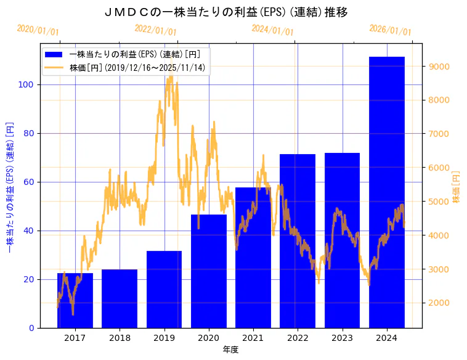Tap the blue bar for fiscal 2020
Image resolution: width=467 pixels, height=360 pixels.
tap(208, 271)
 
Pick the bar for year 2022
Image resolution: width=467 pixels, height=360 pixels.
tap(298, 241)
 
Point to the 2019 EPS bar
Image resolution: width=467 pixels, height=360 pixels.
tap(164, 289)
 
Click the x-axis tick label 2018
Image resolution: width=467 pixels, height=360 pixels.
tap(119, 338)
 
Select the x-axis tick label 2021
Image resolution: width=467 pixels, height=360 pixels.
tap(253, 338)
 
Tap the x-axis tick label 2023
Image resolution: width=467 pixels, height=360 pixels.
tap(342, 338)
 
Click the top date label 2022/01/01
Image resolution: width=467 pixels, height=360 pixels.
tap(155, 30)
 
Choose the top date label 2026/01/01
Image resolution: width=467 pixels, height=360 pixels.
tap(390, 30)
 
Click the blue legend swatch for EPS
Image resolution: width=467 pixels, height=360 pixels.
tap(54, 54)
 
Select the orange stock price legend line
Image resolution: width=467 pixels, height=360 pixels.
tap(54, 67)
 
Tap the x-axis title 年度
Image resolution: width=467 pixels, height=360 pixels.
tap(230, 350)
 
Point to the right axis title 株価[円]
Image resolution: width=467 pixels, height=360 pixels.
tap(457, 187)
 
